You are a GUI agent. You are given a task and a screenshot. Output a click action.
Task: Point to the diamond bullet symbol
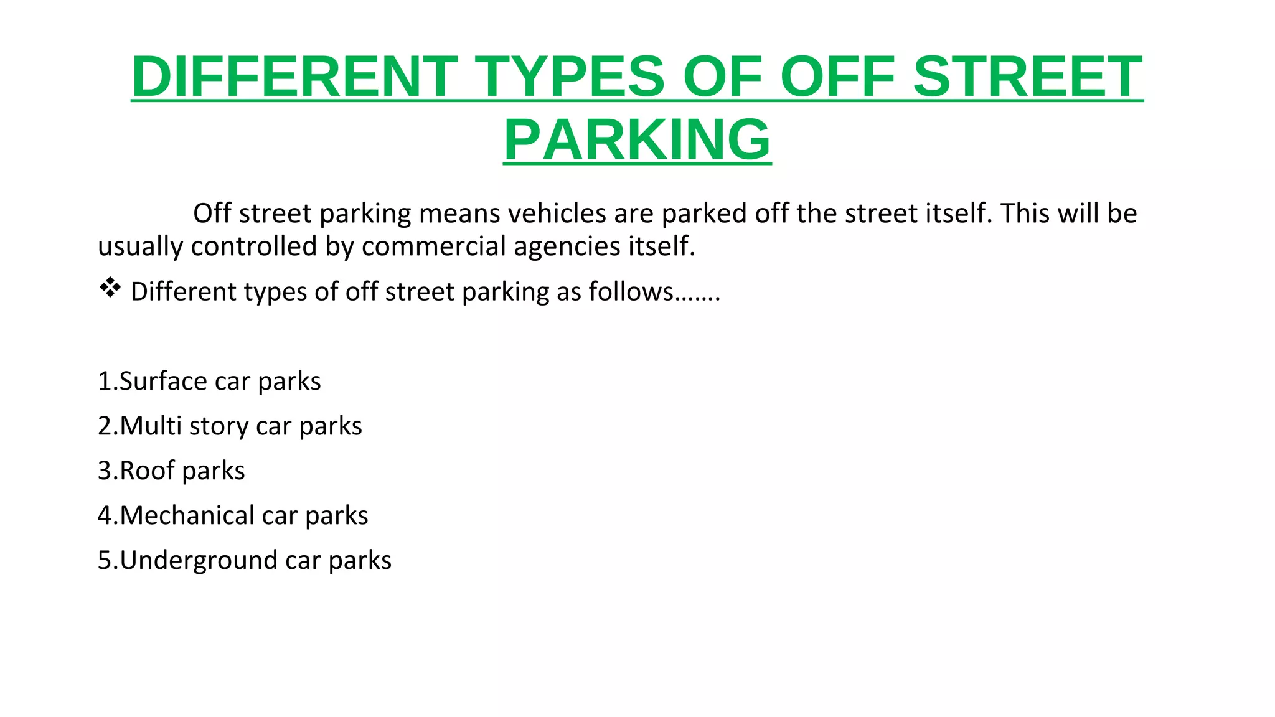110,288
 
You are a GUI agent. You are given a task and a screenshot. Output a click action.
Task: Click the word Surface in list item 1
163,381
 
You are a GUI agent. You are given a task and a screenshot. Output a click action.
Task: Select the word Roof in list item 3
148,471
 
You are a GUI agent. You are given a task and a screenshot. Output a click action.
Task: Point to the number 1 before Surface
104,381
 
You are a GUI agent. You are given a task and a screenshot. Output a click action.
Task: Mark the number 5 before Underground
104,560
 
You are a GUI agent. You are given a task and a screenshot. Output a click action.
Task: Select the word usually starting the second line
141,246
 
